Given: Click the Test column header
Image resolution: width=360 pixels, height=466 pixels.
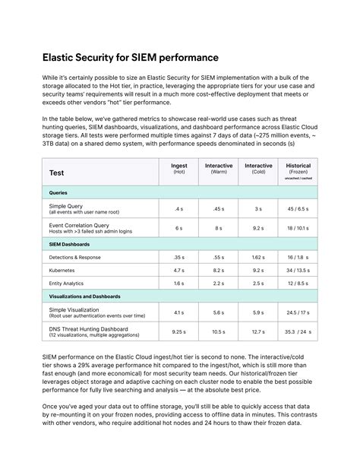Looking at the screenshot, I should [57, 173].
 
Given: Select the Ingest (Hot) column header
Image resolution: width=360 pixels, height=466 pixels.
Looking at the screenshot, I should [179, 168].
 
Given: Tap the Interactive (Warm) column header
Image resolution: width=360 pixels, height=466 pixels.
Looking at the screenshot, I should [219, 168].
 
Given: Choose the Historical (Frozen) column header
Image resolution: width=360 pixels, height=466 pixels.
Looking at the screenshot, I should [298, 168].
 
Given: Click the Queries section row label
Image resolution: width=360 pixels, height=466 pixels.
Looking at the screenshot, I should [58, 193].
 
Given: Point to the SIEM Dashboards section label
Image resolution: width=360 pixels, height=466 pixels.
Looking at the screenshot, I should [69, 244].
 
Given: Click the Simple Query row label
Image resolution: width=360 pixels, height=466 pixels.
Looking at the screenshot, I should [67, 206].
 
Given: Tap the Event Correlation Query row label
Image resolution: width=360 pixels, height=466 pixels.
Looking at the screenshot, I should [79, 225].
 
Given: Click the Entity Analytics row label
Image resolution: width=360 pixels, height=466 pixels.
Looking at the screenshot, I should [67, 283].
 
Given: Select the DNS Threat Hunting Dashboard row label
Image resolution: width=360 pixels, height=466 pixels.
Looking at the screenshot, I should [89, 329].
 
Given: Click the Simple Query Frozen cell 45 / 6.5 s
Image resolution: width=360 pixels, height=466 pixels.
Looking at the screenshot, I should [298, 208].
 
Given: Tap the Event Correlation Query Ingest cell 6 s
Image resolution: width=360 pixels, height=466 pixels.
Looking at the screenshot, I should [179, 228].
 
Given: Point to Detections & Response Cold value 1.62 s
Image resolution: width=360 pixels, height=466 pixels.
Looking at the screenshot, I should [258, 258].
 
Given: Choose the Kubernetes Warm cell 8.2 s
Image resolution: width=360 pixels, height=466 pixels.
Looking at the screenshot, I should [219, 270].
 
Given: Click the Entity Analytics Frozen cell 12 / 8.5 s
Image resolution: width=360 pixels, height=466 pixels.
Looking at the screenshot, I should [298, 283].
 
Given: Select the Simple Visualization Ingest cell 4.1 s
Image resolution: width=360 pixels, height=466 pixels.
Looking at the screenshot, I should [179, 312].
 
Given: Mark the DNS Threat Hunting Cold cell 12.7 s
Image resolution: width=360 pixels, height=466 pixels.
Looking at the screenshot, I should [258, 331].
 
